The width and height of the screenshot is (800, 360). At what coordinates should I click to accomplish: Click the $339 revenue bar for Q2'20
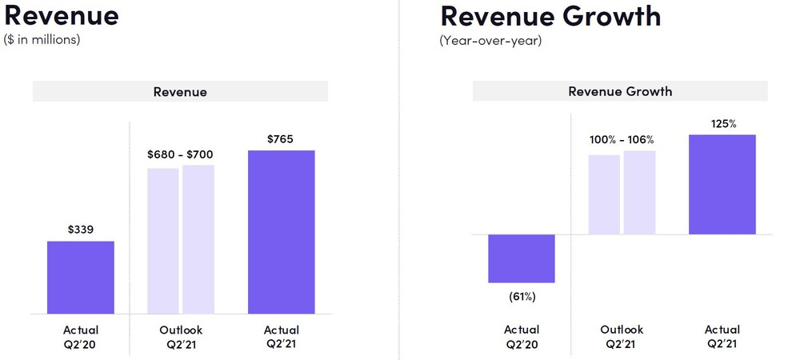point(81,278)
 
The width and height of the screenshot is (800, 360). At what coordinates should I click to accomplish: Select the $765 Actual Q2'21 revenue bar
point(281,232)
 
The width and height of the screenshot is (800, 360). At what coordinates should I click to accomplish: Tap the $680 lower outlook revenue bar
point(163,241)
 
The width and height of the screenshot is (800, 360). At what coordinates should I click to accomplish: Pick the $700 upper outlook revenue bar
point(198,240)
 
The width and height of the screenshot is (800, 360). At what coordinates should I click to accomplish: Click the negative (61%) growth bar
point(522,258)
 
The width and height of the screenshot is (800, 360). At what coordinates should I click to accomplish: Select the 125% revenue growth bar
point(722,185)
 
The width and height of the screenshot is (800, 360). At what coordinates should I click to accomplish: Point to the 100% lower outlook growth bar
point(604,194)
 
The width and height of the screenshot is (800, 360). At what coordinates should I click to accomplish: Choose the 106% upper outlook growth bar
point(639,193)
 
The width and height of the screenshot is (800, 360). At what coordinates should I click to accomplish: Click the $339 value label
point(81,230)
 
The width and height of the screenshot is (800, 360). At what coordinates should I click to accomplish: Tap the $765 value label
point(281,138)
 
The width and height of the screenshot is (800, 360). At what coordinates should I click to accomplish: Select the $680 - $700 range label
point(180,154)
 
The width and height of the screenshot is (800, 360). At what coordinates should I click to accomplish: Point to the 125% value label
point(723,123)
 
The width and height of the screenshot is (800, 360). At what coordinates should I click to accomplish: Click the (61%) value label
point(522,297)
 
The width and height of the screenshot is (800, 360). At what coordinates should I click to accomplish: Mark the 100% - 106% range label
point(622,140)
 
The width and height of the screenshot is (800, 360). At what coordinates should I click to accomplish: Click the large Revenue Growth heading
point(550,15)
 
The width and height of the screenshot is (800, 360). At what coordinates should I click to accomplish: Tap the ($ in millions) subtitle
point(42,40)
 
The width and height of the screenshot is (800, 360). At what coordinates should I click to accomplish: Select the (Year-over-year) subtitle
point(490,40)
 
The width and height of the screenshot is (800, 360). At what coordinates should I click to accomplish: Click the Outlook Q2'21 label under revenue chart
point(181,337)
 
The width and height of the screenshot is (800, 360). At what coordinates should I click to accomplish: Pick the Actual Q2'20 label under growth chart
point(522,337)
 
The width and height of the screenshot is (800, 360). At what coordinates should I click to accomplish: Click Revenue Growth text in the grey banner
point(620,91)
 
